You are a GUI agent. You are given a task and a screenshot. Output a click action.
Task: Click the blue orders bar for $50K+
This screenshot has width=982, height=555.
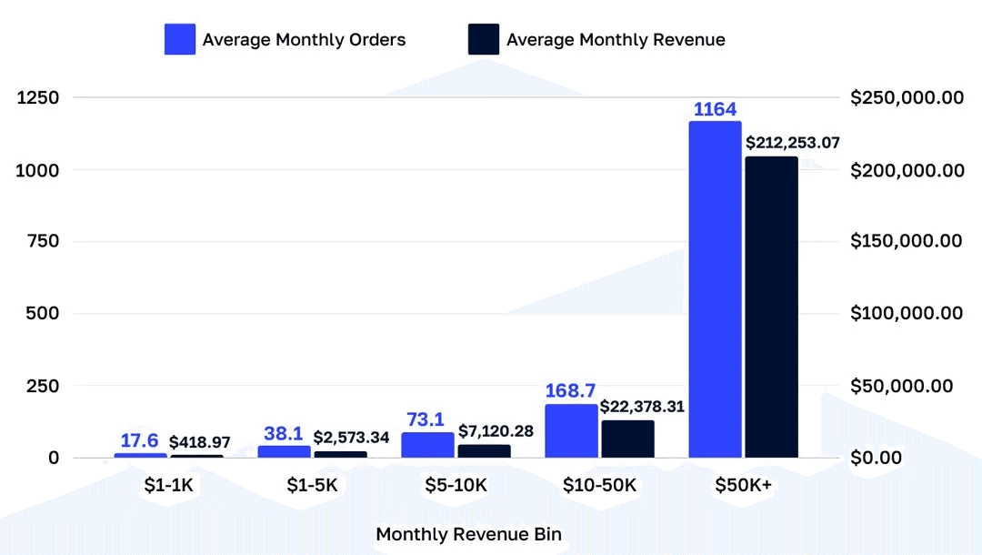(x=715, y=289)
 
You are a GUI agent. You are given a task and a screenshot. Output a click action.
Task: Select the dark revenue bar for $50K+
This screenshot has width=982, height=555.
(x=771, y=308)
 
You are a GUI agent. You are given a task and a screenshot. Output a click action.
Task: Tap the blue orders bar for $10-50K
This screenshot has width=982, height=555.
(x=571, y=430)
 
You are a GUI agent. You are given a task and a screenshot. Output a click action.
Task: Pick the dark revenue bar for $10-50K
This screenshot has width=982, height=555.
(x=627, y=439)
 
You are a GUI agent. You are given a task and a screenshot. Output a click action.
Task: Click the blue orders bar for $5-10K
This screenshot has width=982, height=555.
(x=427, y=445)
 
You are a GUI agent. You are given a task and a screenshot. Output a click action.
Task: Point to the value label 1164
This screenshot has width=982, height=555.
(x=715, y=110)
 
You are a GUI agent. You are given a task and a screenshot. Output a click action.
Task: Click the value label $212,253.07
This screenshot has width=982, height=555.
(x=793, y=143)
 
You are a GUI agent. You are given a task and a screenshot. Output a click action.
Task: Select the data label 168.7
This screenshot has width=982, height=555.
(x=571, y=391)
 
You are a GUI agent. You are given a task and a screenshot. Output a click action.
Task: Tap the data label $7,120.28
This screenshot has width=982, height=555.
(x=496, y=430)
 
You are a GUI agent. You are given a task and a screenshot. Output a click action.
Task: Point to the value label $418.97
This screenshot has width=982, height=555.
(x=200, y=442)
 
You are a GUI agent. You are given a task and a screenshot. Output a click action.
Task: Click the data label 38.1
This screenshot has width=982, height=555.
(x=284, y=433)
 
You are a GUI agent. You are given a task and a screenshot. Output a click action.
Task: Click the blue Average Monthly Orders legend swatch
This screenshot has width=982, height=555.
(x=180, y=39)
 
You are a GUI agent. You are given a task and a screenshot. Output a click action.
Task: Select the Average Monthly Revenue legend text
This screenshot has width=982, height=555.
(x=616, y=39)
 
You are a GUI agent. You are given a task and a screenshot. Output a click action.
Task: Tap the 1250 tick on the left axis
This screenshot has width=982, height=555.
(x=39, y=97)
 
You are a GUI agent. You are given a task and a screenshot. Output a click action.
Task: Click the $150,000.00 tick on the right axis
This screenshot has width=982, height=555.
(x=907, y=241)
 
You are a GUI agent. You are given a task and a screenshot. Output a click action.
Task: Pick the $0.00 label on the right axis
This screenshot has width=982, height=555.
(x=877, y=458)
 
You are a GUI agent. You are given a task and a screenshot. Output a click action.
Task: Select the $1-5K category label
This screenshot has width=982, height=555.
(x=312, y=486)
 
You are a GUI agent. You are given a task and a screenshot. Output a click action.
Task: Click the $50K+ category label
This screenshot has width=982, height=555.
(x=743, y=486)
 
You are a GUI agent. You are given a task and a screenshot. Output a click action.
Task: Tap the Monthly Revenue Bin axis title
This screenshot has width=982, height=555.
(x=468, y=534)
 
